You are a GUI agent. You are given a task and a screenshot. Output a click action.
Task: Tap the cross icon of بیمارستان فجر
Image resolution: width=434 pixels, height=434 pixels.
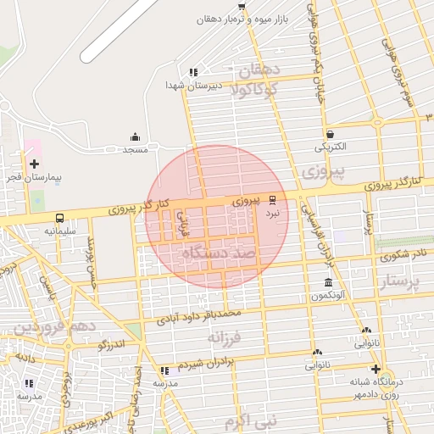coord(34,164)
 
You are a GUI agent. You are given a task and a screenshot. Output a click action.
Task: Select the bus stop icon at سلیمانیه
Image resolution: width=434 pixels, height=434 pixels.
coord(59,218)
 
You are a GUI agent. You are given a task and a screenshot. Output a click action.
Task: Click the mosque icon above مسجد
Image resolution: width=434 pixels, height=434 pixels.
coord(135,137)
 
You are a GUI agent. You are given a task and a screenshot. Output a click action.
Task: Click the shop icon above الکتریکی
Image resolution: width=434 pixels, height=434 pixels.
coord(330,134)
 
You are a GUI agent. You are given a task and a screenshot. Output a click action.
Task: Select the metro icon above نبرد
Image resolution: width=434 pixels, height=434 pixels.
coord(272,201)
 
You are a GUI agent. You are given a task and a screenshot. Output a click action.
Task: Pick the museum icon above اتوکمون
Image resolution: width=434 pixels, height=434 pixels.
coord(328,283)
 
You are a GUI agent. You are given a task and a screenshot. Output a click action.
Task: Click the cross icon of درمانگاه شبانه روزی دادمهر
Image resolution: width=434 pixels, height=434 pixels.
coord(376,370)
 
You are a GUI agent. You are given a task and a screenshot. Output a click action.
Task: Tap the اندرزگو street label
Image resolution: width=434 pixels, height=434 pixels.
coord(111,344)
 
